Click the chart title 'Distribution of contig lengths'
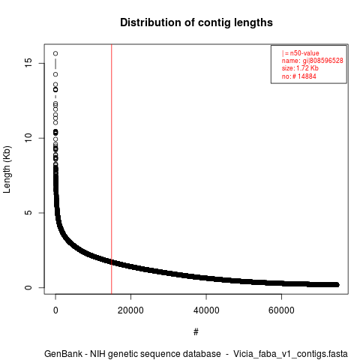(196, 22)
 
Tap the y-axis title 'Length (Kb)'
(7, 169)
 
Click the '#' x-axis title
(196, 331)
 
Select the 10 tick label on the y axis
(28, 138)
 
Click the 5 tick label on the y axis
(28, 213)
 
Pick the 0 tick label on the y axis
(28, 287)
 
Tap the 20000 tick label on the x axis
(130, 310)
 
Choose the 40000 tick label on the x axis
(206, 310)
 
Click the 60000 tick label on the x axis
(281, 310)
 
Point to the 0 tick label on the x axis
(55, 310)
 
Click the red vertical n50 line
(112, 169)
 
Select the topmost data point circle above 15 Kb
(55, 53)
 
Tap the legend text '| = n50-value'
(301, 53)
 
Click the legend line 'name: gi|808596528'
(313, 61)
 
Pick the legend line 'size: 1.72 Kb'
(300, 68)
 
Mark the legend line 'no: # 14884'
(299, 76)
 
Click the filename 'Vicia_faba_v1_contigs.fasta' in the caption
(290, 354)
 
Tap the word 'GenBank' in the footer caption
(63, 354)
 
